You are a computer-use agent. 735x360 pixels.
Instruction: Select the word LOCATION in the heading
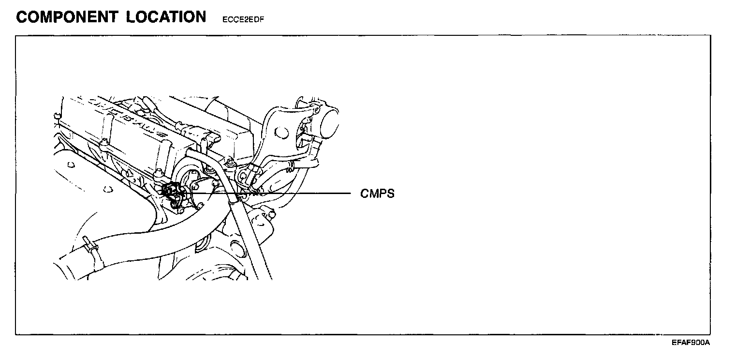click(x=166, y=17)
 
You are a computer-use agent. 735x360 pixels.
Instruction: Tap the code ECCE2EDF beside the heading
click(x=243, y=20)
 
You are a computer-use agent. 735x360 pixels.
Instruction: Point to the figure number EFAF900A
click(x=690, y=343)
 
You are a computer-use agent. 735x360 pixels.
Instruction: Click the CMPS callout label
click(x=377, y=194)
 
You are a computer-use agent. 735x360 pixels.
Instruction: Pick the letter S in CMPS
click(x=391, y=194)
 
